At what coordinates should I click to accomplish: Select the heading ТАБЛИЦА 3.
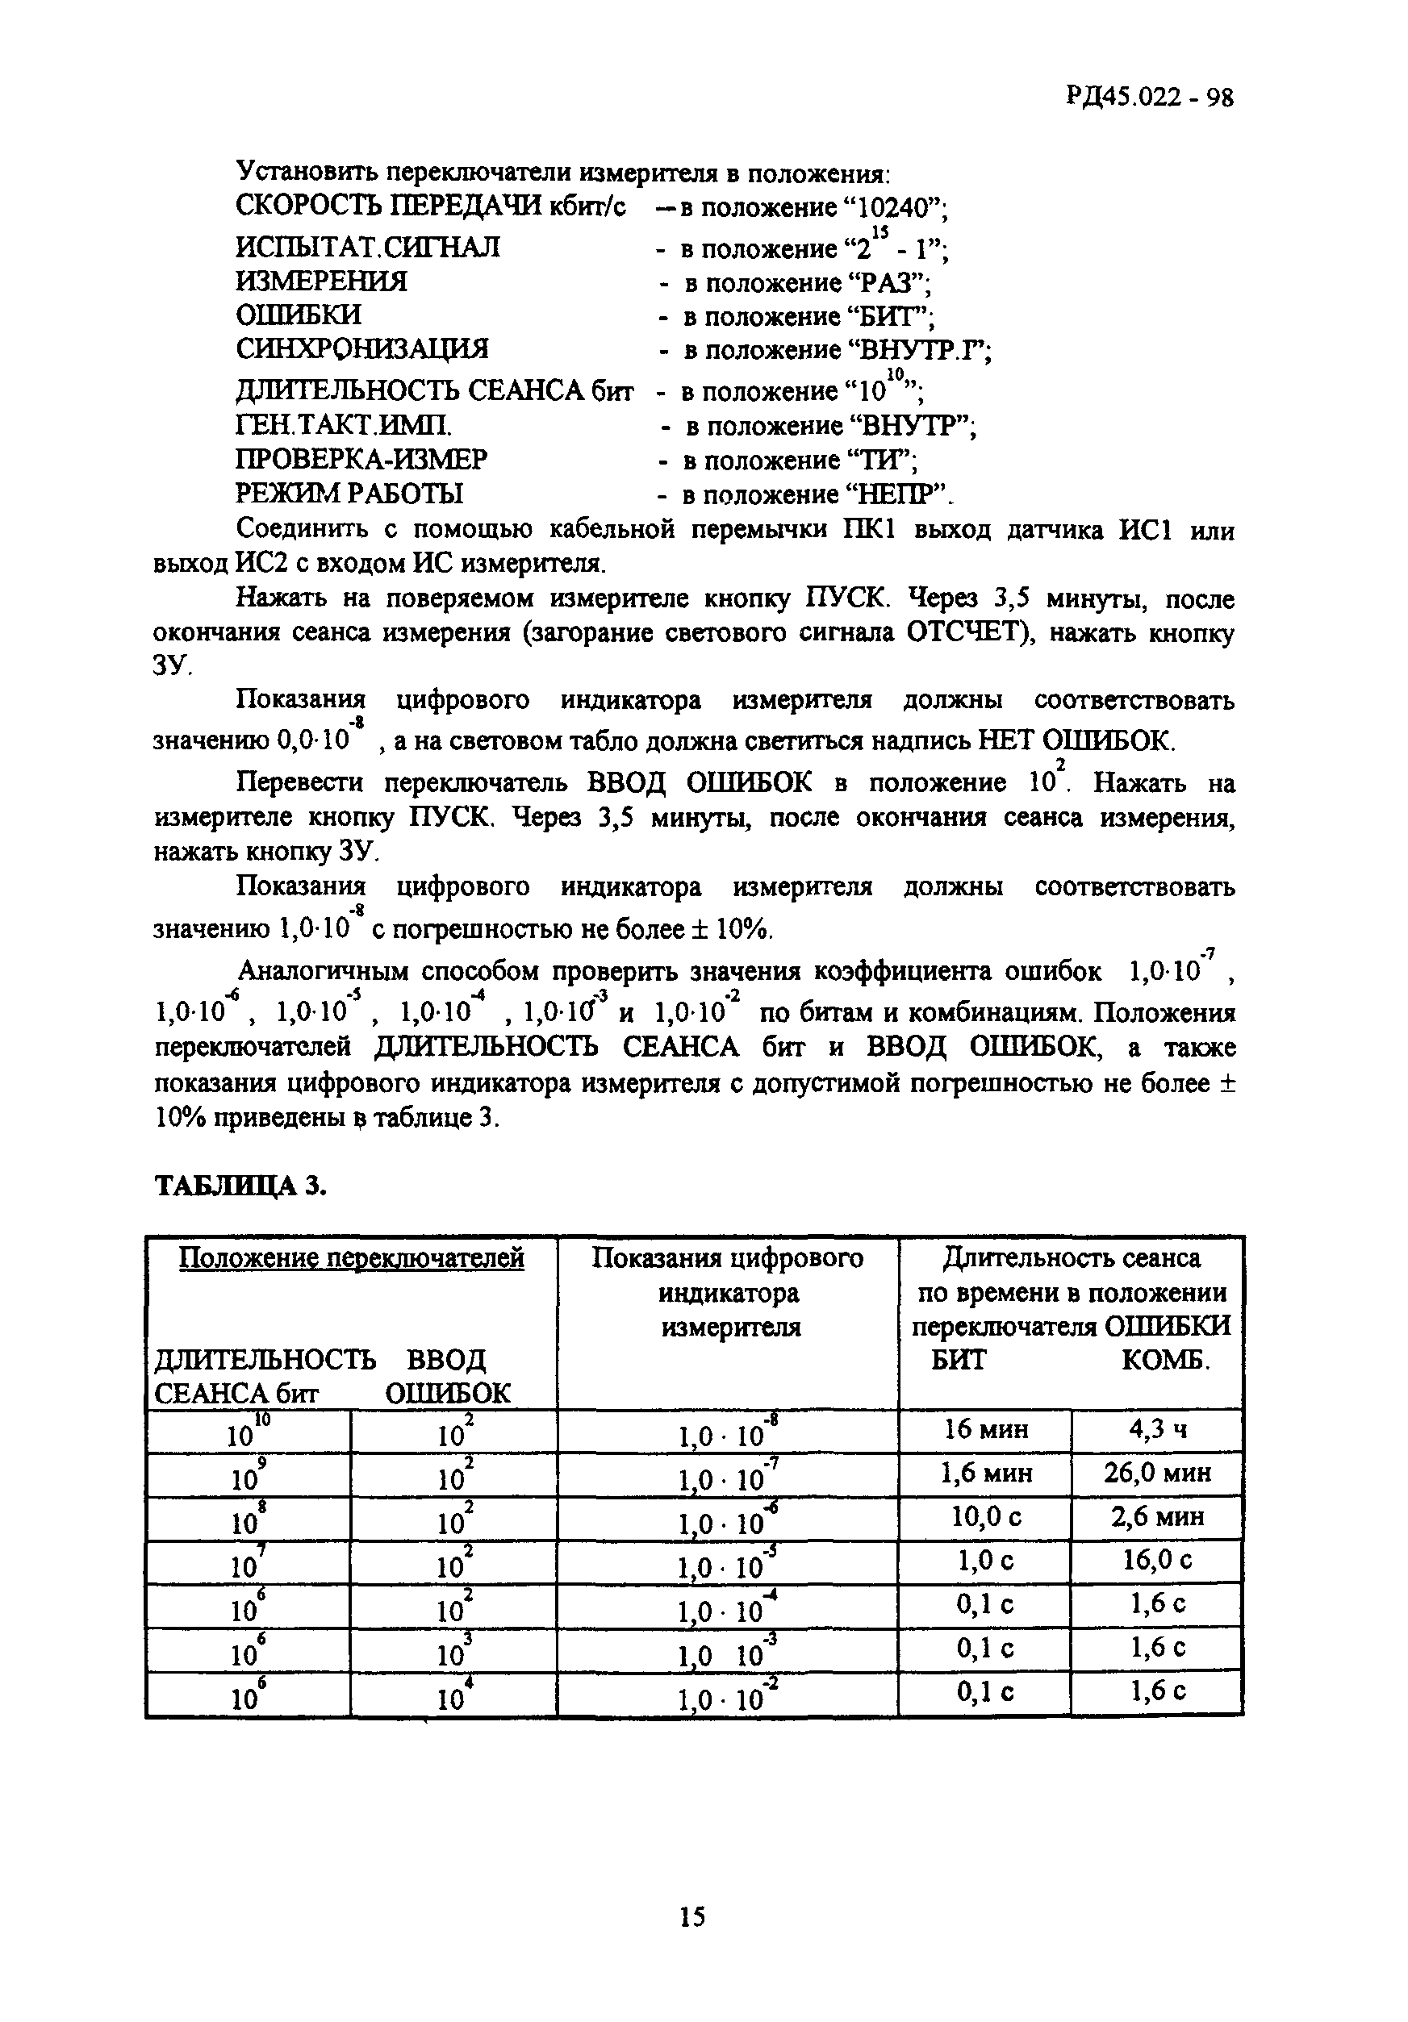coord(240,1186)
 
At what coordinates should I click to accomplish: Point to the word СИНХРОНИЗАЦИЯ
coord(361,349)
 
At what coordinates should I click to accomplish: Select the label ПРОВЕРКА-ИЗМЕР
coord(361,460)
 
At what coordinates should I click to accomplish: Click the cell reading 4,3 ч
coord(1158,1429)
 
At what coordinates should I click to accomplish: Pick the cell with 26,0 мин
coord(1158,1473)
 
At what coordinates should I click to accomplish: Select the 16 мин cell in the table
coord(985,1429)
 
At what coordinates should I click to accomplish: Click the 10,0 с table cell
coord(985,1516)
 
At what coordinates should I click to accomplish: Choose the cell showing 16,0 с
coord(1158,1561)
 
